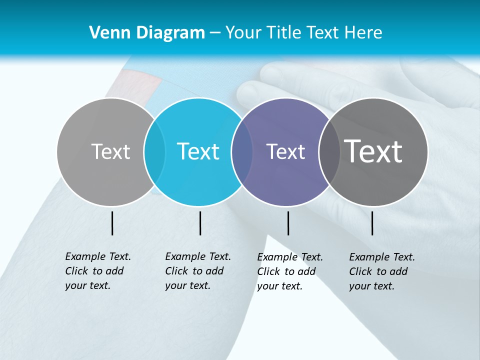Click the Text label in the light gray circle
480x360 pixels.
[110, 151]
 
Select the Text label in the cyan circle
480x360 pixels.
[198, 151]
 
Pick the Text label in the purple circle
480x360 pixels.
[285, 151]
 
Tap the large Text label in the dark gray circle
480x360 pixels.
[373, 151]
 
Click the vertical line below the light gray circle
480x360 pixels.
[112, 223]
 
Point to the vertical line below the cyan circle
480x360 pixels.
[200, 223]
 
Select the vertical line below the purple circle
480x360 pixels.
[288, 223]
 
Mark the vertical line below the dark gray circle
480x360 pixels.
[372, 223]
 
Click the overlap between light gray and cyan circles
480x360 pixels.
[154, 151]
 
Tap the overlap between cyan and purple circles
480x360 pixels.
[242, 151]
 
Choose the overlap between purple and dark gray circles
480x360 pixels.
[329, 151]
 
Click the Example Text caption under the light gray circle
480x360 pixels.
[98, 271]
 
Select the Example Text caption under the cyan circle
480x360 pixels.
[198, 271]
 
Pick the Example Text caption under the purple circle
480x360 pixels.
[290, 271]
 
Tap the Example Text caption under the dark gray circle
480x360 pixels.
[382, 271]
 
